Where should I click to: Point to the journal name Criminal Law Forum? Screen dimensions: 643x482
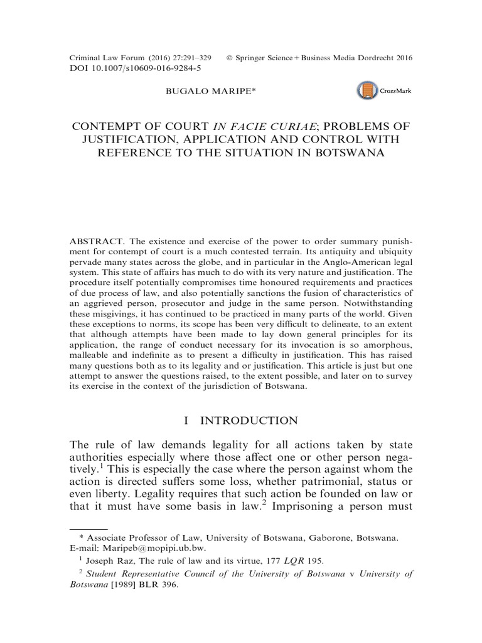tap(106, 58)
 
